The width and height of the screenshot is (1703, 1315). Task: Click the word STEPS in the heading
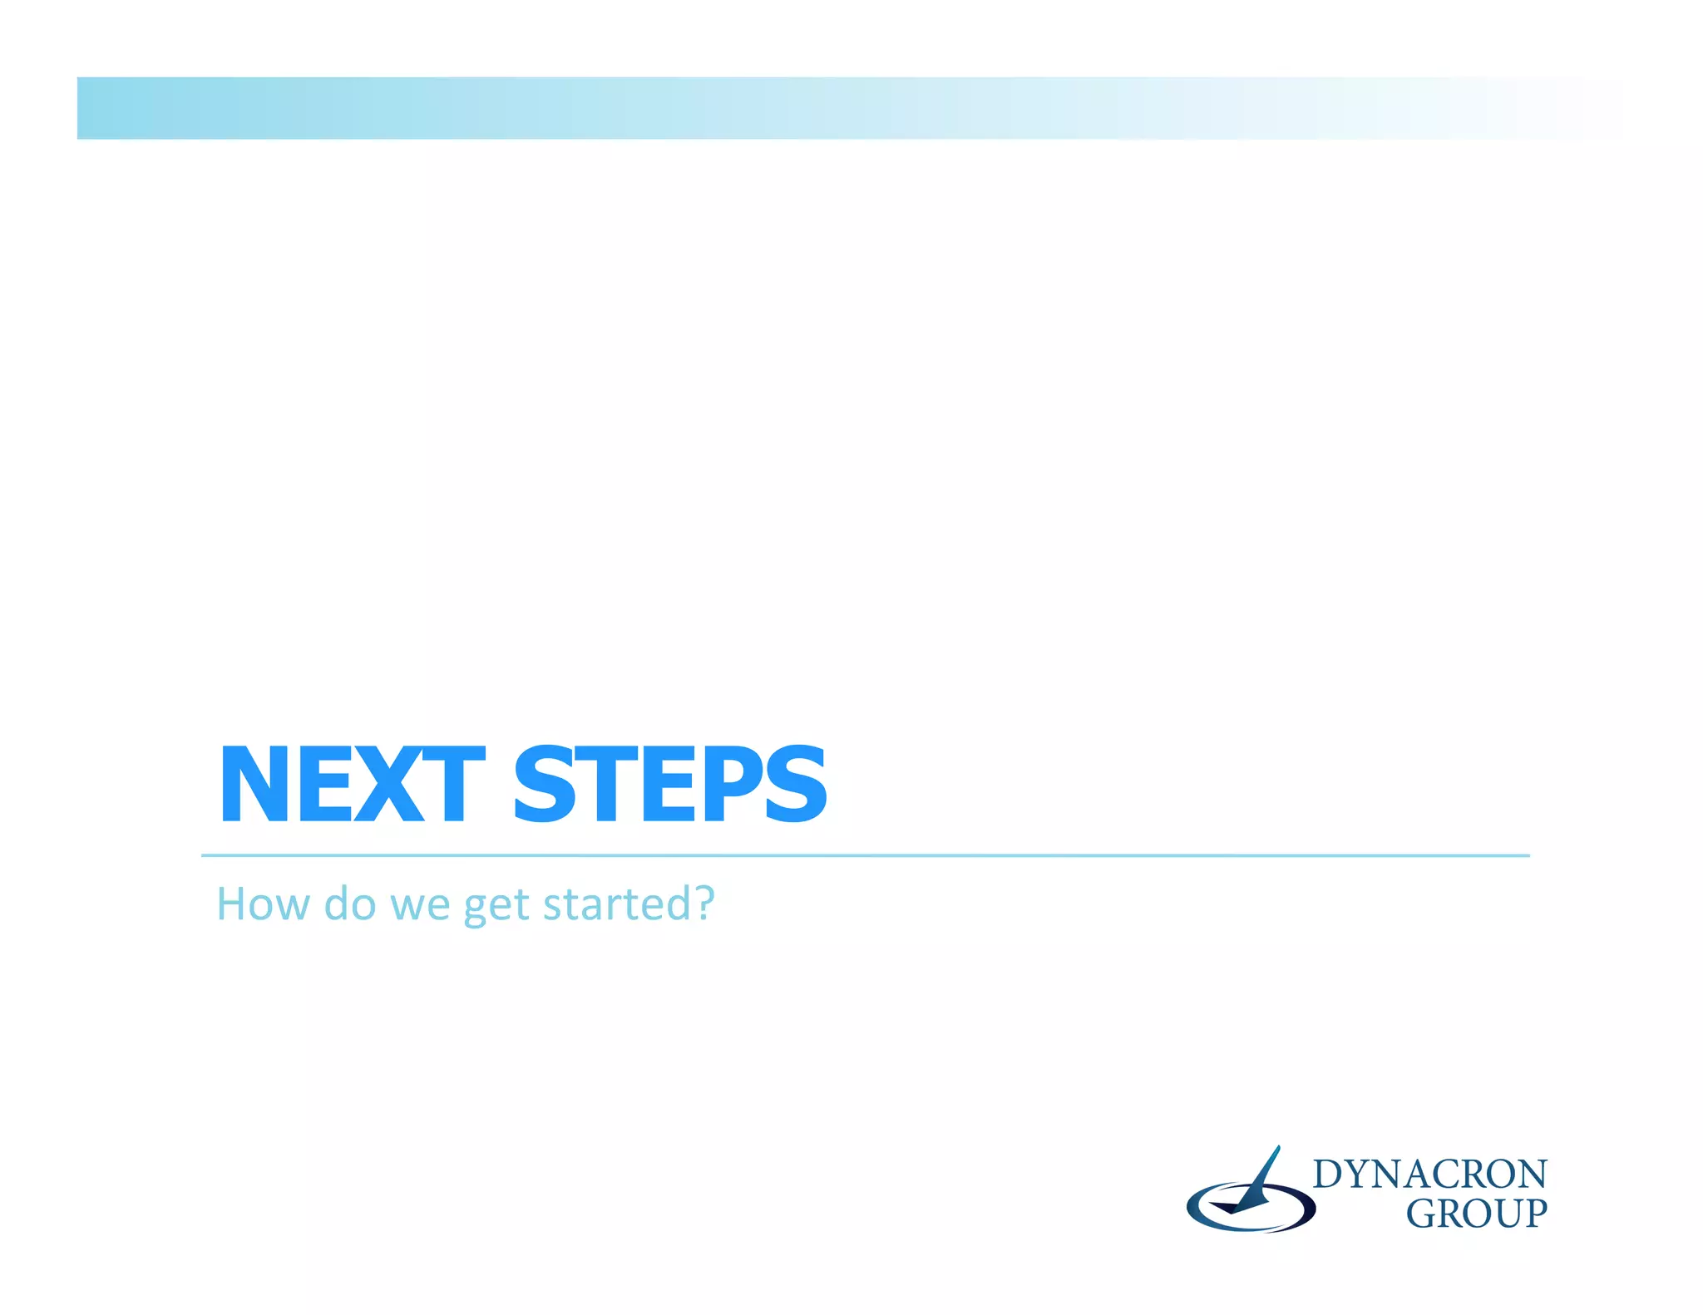pyautogui.click(x=670, y=784)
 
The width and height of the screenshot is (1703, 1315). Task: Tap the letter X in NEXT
pyautogui.click(x=390, y=784)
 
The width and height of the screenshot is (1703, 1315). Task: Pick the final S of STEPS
pyautogui.click(x=797, y=784)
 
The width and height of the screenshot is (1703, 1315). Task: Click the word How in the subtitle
pyautogui.click(x=263, y=904)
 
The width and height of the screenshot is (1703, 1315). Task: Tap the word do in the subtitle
pyautogui.click(x=349, y=904)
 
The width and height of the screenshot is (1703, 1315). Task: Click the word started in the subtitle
pyautogui.click(x=616, y=904)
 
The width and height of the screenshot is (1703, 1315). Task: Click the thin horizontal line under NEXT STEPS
pyautogui.click(x=865, y=855)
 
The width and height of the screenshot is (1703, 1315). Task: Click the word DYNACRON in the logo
pyautogui.click(x=1429, y=1175)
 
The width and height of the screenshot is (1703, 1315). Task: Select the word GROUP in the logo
pyautogui.click(x=1476, y=1214)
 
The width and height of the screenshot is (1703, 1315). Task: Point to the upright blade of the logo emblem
pyautogui.click(x=1262, y=1174)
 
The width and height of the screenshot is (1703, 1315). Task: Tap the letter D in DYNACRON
pyautogui.click(x=1328, y=1175)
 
